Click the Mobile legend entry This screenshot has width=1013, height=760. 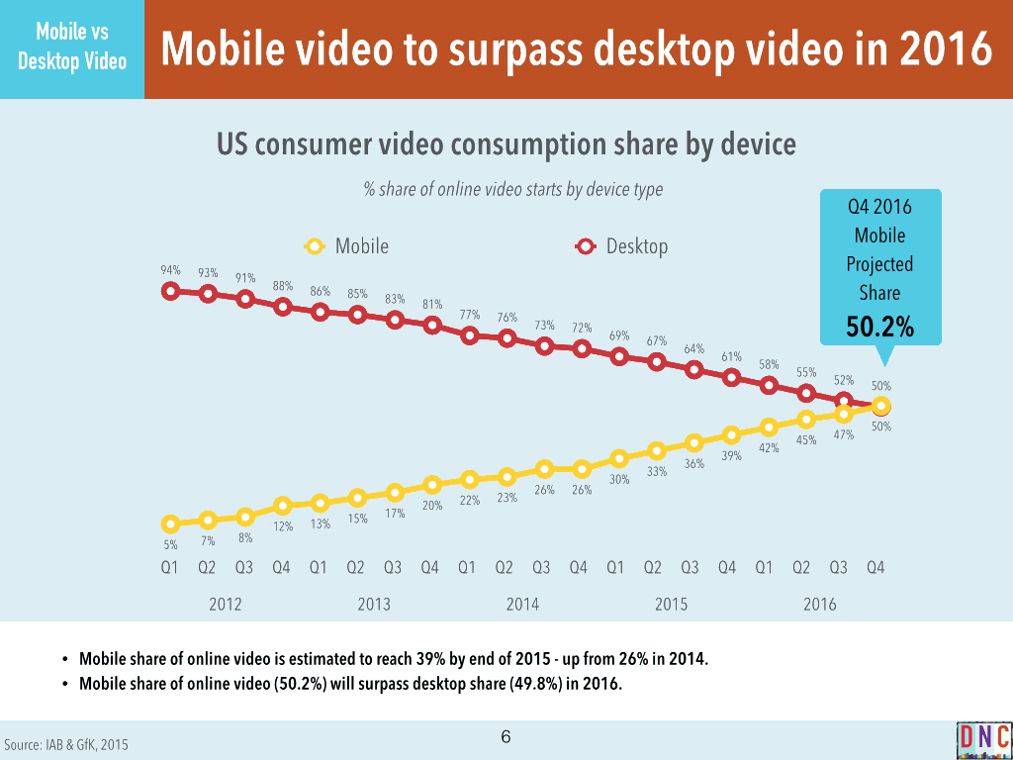(x=348, y=246)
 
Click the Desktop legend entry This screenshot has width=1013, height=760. (x=622, y=246)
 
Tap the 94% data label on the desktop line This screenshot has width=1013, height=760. (x=170, y=270)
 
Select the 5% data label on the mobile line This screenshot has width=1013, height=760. (x=170, y=544)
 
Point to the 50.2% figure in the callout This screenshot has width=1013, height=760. (x=879, y=327)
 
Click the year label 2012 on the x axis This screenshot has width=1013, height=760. (x=226, y=605)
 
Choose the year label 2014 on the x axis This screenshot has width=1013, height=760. (x=523, y=605)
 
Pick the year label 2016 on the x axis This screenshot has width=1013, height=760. (x=820, y=605)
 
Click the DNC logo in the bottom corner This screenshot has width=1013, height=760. (x=983, y=739)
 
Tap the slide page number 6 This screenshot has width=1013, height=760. (x=506, y=737)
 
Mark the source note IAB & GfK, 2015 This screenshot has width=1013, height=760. (x=66, y=744)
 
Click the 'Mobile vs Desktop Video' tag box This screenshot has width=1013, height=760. (x=72, y=48)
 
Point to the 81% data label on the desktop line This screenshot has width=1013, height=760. (x=431, y=305)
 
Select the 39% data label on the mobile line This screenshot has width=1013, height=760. (x=731, y=456)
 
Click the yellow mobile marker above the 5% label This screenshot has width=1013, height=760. (x=170, y=523)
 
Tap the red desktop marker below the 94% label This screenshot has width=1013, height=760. (x=170, y=291)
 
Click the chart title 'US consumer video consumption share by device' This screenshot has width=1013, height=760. (x=506, y=144)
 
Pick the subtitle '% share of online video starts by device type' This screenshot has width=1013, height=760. (x=513, y=189)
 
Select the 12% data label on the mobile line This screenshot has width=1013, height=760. (x=283, y=526)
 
